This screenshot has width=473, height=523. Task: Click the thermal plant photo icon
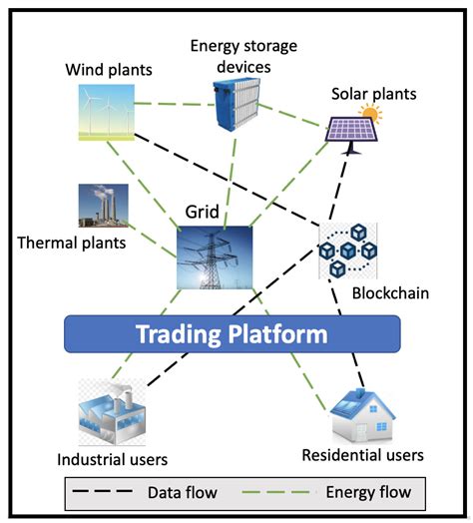point(104,207)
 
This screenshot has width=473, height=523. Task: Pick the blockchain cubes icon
point(346,251)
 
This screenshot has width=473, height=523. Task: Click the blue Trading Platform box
point(232,333)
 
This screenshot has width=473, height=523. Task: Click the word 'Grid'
point(202,213)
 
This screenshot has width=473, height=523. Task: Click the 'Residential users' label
point(362,455)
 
